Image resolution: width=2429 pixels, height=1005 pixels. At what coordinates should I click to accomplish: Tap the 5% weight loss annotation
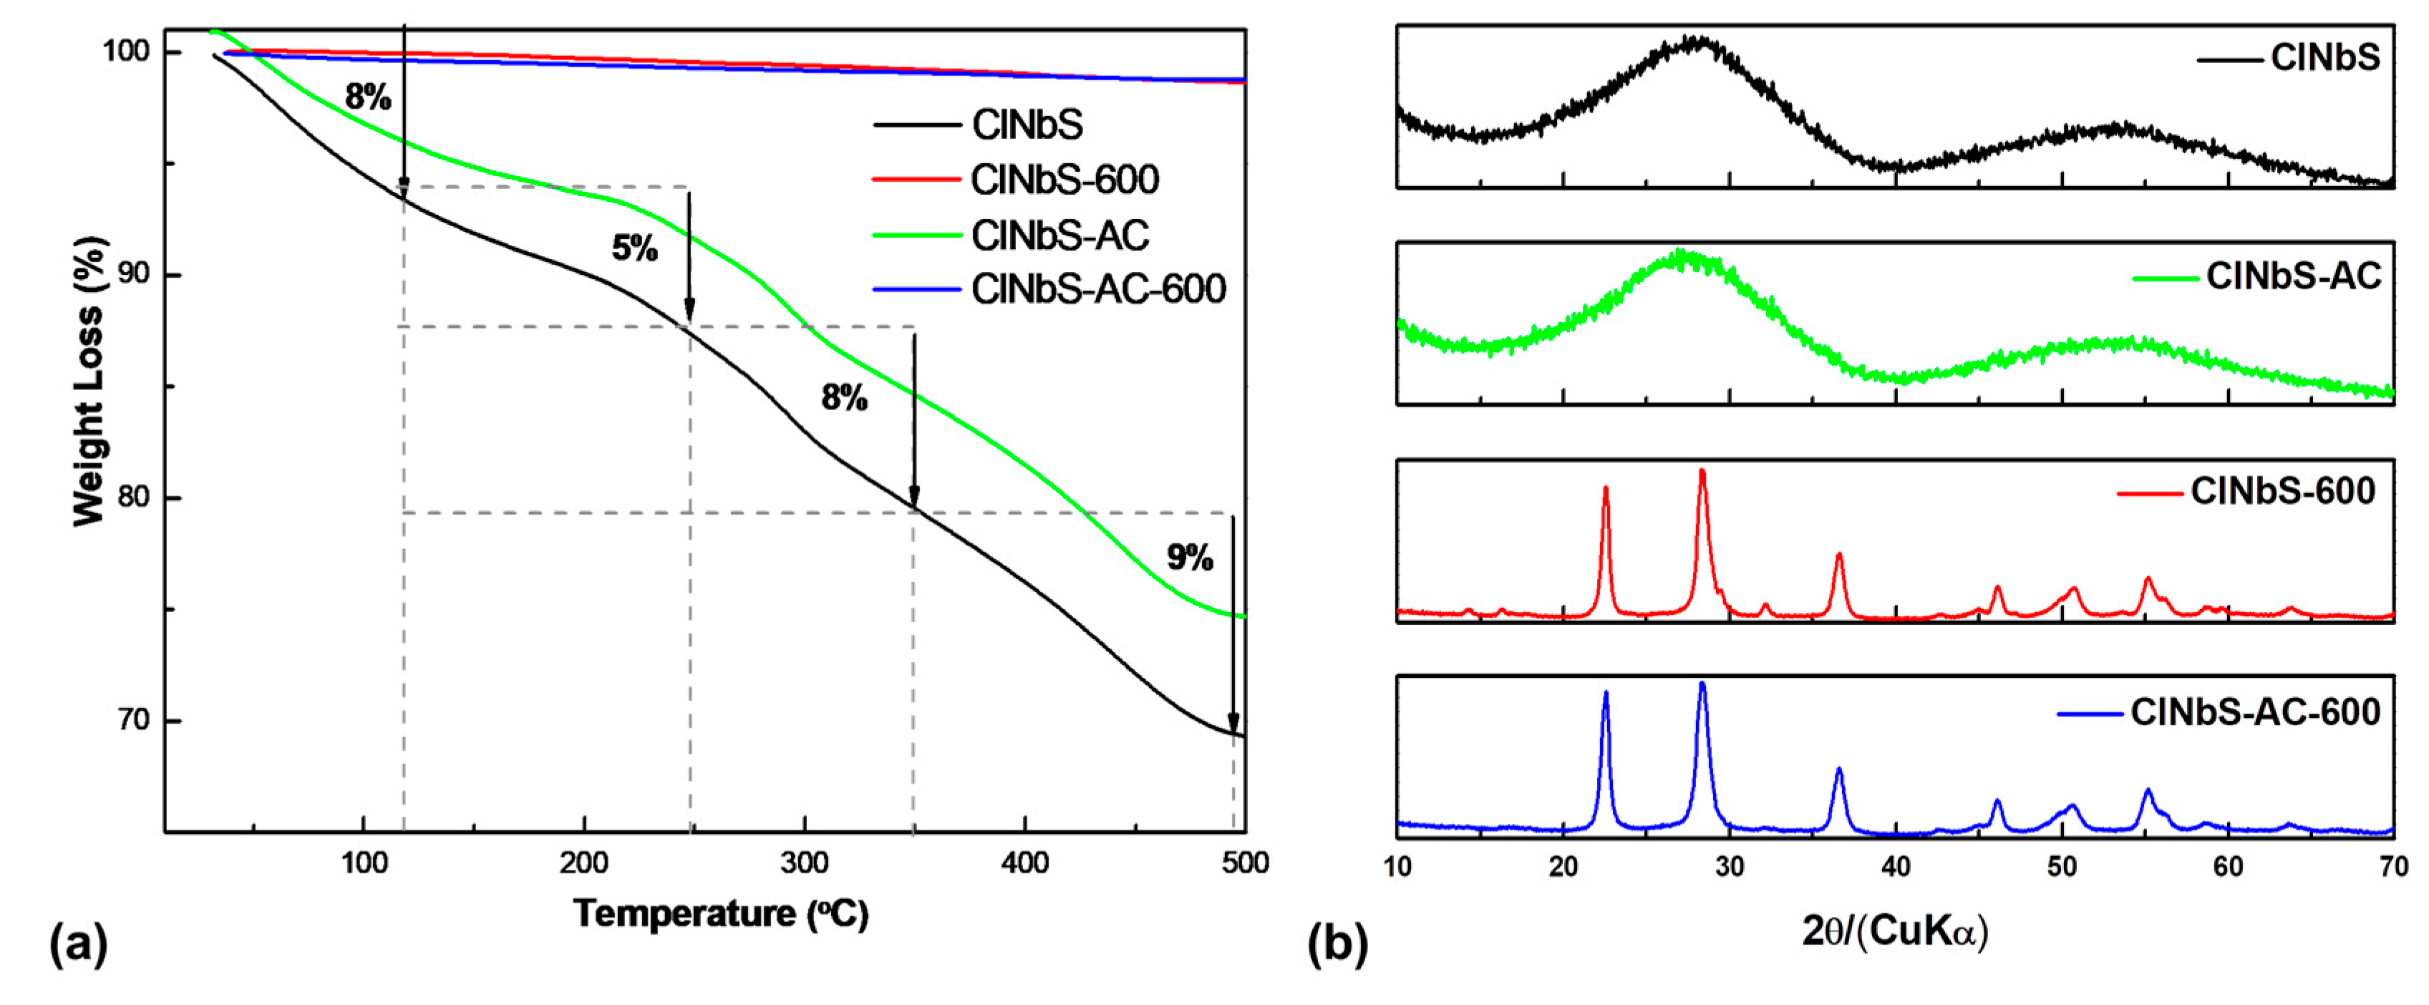point(634,249)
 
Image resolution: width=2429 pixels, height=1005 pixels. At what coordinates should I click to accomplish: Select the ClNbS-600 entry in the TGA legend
point(1064,179)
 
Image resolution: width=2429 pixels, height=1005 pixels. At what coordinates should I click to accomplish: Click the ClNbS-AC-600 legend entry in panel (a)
point(1097,288)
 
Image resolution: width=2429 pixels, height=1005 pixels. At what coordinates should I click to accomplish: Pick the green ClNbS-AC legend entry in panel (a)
point(1059,235)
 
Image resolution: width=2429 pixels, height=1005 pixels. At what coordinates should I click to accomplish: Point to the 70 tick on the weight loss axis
point(134,720)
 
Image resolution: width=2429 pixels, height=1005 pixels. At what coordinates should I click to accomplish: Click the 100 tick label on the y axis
point(126,51)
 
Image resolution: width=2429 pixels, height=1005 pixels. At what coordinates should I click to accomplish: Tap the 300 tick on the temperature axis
point(805,863)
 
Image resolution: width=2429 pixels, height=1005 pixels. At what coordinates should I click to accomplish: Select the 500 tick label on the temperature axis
point(1245,863)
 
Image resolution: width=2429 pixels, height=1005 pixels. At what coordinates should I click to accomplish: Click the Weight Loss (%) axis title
point(89,381)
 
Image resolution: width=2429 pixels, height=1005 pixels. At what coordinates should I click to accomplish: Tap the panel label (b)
point(1337,943)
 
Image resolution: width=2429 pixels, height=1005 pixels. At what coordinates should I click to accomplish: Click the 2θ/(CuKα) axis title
point(1894,931)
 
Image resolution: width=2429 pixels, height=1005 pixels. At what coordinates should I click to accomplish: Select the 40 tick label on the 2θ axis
point(1895,865)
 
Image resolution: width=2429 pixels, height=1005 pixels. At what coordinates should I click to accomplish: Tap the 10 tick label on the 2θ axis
point(1397,865)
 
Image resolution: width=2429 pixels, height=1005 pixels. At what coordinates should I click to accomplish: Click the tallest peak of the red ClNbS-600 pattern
point(1702,472)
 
